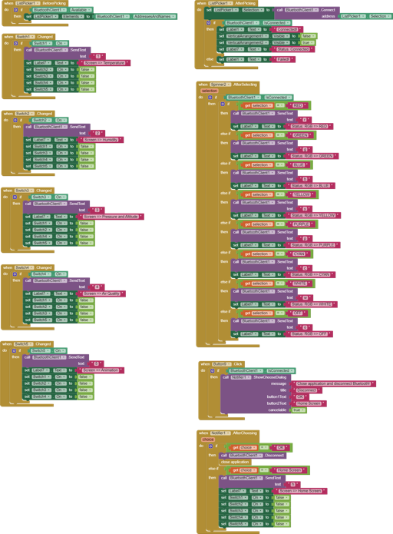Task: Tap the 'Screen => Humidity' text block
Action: tap(106, 139)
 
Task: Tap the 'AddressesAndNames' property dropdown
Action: tap(151, 16)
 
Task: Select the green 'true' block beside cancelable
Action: tap(297, 410)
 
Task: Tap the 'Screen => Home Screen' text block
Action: tap(302, 489)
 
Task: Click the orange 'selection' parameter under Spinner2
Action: tap(210, 90)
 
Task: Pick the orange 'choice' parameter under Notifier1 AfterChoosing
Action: tap(208, 439)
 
